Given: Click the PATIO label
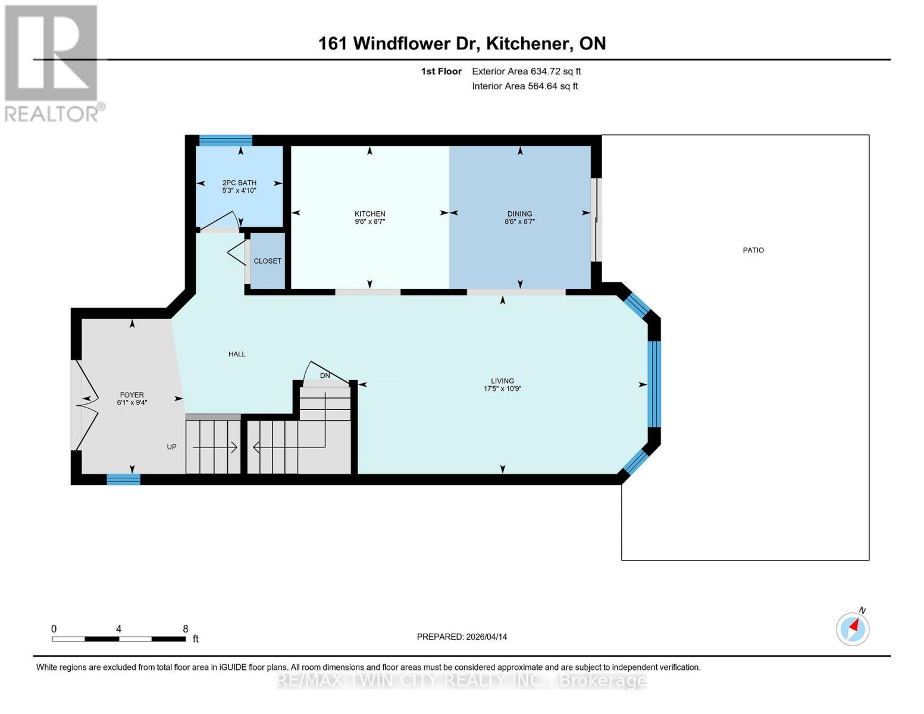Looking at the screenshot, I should pos(753,250).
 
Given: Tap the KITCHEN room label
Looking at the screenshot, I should pos(369,214).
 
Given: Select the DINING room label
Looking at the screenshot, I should pos(519,214).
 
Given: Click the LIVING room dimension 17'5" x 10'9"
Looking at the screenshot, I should pos(502,389).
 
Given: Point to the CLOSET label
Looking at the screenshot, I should pos(267,261).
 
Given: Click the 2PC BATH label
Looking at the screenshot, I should pos(239,183).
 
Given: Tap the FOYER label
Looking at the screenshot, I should pos(131,394).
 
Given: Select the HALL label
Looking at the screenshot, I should pos(237,354).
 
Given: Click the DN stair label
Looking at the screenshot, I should pos(325,375).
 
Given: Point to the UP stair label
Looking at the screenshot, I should pos(171,447).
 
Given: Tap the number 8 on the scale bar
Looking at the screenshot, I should pos(186,629).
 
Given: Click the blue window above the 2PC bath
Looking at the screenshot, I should pos(225,140).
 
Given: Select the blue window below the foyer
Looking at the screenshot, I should pos(123,480).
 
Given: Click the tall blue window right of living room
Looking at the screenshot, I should pos(654,384).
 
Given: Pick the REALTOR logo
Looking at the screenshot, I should pos(52,63).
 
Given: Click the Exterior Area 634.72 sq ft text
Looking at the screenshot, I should pos(526,71).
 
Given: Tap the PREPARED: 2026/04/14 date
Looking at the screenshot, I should pos(462,637).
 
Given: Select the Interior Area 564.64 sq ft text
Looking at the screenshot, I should pos(525,86).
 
